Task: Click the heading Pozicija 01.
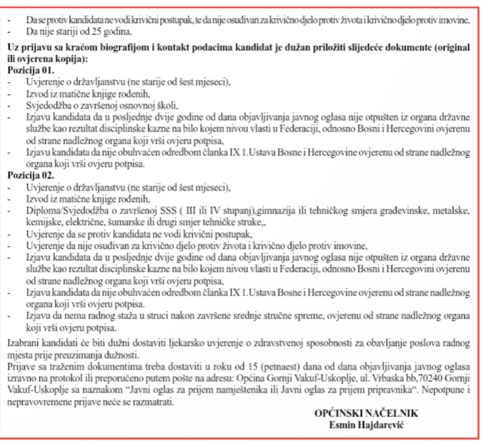click(x=31, y=69)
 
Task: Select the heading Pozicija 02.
click(x=31, y=176)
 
